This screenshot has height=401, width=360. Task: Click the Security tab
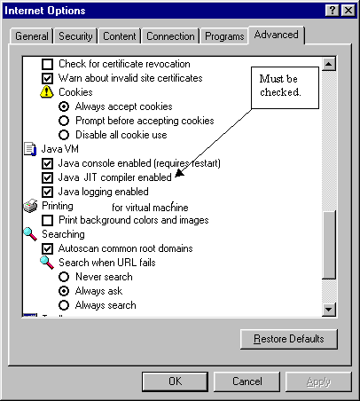[75, 36]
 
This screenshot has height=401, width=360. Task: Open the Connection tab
[170, 36]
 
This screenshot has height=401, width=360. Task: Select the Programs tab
[224, 36]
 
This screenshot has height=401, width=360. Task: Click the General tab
[32, 36]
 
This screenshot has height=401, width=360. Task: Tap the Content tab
[120, 36]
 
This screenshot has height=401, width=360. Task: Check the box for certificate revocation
[48, 64]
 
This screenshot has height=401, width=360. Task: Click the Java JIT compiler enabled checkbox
[48, 177]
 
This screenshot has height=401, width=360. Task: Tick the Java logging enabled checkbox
[48, 192]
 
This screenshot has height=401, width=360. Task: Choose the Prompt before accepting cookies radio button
[64, 121]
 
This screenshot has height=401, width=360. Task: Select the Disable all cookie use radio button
[64, 135]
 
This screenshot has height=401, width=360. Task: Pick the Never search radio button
[64, 277]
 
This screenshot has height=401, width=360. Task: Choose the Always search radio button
[64, 305]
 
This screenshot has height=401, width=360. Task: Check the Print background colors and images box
[48, 220]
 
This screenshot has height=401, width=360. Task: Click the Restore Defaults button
[289, 339]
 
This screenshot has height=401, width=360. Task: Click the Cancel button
[247, 381]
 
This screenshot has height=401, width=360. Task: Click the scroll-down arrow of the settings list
[329, 310]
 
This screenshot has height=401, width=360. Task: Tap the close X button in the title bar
[348, 11]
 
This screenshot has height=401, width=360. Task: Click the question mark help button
[333, 11]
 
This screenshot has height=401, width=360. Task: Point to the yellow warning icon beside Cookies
[47, 92]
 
